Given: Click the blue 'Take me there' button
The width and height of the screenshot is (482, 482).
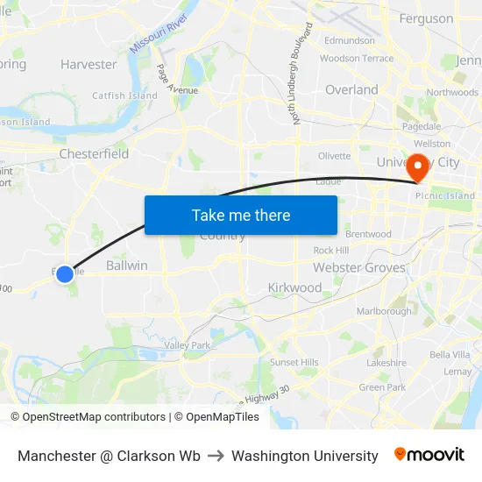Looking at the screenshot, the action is point(241,215).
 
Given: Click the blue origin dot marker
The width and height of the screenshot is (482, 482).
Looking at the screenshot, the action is point(65,273).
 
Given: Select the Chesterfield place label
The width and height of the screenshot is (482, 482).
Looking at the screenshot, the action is point(94,153).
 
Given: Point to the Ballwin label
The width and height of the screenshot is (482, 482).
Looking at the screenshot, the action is point(126,265).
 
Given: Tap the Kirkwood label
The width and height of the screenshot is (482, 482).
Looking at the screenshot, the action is point(294,287).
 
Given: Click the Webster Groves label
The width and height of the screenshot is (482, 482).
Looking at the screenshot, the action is point(359,267).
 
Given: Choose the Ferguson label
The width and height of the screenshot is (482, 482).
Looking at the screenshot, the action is point(426,18).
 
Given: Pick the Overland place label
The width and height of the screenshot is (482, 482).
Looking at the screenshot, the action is point(351,89).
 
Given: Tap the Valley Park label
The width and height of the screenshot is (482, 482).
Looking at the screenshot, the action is point(188,345).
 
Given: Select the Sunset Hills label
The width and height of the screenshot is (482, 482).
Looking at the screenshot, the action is point(294,362).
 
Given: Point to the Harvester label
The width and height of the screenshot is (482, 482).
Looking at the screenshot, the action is point(89,64).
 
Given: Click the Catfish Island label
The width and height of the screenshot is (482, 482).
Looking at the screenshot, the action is point(125,96).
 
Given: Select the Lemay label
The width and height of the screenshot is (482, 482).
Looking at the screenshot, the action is point(457,371).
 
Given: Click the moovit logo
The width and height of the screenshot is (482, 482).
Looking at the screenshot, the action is point(429,455).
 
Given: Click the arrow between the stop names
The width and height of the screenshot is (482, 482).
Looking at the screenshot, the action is point(216,456).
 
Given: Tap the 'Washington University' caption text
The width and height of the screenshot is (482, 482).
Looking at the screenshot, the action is point(305,456).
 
